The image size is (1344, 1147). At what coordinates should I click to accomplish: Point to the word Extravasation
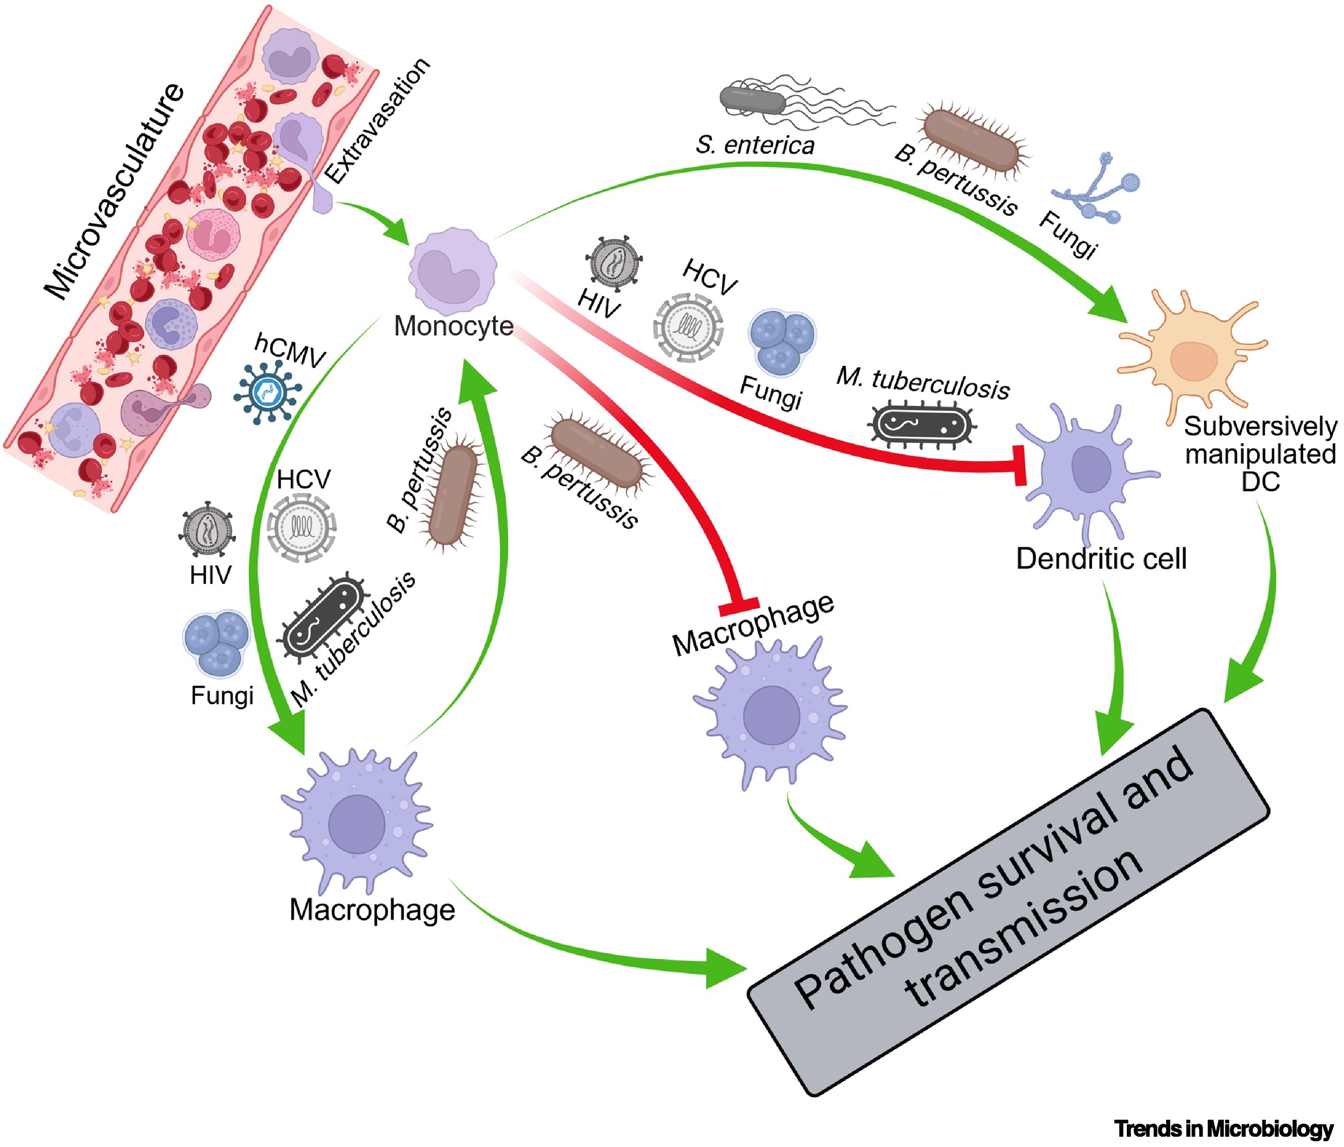click(377, 121)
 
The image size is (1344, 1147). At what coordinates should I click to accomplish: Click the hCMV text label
click(290, 351)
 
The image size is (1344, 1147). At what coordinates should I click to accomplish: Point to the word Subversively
click(1260, 426)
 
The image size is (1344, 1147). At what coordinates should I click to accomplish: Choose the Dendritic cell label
click(1101, 559)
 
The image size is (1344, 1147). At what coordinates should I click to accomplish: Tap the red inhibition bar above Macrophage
click(739, 606)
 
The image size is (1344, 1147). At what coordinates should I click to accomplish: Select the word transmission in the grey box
click(1025, 928)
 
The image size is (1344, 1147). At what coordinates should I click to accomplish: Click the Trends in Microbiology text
click(1223, 1129)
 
